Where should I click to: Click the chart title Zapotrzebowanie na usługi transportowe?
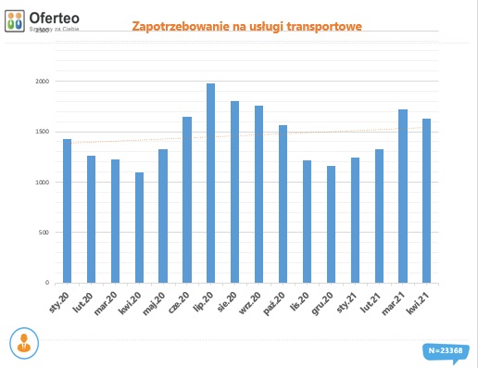(x=246, y=27)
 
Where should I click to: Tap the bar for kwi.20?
(x=139, y=227)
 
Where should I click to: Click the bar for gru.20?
(x=331, y=224)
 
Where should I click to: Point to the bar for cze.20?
(x=187, y=199)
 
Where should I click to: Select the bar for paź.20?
(x=283, y=204)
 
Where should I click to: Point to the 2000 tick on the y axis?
(x=43, y=82)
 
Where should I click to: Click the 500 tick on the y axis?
(x=44, y=232)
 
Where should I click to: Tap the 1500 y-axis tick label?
(x=43, y=132)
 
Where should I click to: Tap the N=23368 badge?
(x=446, y=350)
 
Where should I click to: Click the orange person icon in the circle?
(x=25, y=342)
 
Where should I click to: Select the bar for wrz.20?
(x=258, y=194)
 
